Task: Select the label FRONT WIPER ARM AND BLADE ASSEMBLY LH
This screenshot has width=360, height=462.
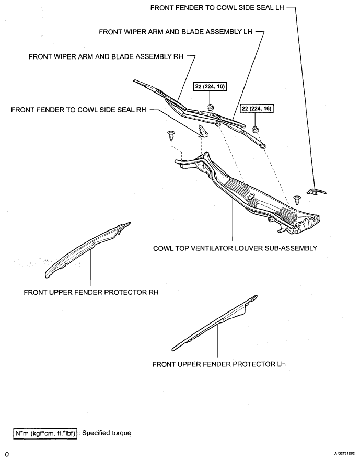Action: point(176,32)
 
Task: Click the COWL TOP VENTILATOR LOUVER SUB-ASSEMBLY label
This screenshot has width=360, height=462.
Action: point(235,248)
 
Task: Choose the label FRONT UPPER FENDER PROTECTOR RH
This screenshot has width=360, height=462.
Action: point(91,292)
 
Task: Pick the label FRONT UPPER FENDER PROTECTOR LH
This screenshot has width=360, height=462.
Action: point(219,364)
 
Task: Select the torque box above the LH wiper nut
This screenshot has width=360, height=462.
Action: point(257,109)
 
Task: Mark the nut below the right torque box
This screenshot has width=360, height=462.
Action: point(257,129)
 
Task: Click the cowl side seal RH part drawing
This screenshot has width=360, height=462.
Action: point(204,134)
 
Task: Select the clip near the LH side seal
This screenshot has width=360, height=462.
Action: point(297,199)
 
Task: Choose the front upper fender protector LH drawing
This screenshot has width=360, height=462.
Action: point(214,324)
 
